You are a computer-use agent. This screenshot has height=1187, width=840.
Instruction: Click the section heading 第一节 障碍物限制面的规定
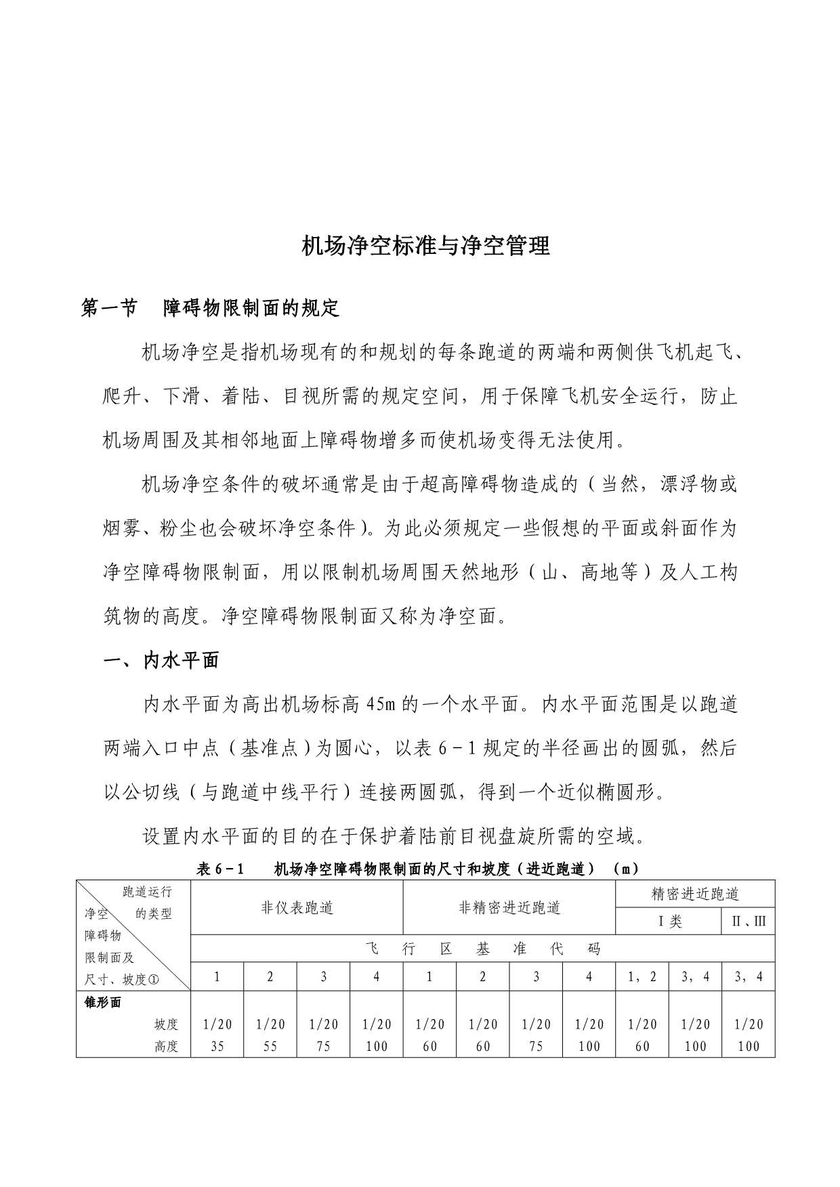coord(210,309)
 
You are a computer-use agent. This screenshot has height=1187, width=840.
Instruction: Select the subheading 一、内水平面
coord(161,661)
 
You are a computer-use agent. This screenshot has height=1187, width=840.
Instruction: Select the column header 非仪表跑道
coord(297,908)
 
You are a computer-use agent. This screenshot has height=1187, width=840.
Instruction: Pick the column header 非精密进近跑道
coord(509,908)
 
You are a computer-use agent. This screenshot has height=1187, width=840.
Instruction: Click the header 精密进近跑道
coord(695,894)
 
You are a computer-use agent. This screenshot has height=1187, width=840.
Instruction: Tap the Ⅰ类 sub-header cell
coord(669,922)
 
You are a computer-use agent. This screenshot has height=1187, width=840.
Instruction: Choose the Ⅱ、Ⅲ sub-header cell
coord(749,922)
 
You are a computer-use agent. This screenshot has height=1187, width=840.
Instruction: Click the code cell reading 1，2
coord(642,977)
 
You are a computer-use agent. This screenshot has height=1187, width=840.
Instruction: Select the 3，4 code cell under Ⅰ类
coord(696,977)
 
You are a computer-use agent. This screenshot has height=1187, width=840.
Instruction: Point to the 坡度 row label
coord(166,1025)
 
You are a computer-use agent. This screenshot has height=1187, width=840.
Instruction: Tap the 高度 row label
coord(166,1046)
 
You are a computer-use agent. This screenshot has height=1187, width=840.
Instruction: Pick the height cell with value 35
coord(217,1046)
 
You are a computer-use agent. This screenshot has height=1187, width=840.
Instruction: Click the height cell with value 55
coord(270,1046)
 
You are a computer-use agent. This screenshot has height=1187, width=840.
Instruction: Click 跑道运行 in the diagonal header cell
coord(147,892)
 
